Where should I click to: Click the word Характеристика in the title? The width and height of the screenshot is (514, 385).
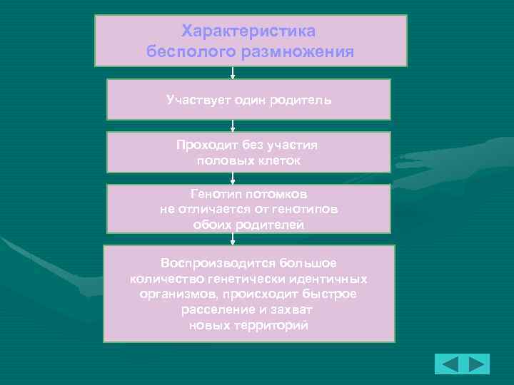tap(249, 32)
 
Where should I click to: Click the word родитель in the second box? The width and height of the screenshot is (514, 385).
tap(301, 99)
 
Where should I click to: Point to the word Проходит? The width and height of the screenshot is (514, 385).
tap(207, 145)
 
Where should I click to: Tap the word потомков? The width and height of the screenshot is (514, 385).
tap(281, 193)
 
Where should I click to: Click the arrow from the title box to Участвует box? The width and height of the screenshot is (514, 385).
tap(233, 73)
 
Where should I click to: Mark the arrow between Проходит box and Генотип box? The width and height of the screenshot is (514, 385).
tap(233, 178)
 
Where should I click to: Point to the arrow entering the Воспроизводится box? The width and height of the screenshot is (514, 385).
tap(233, 239)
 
